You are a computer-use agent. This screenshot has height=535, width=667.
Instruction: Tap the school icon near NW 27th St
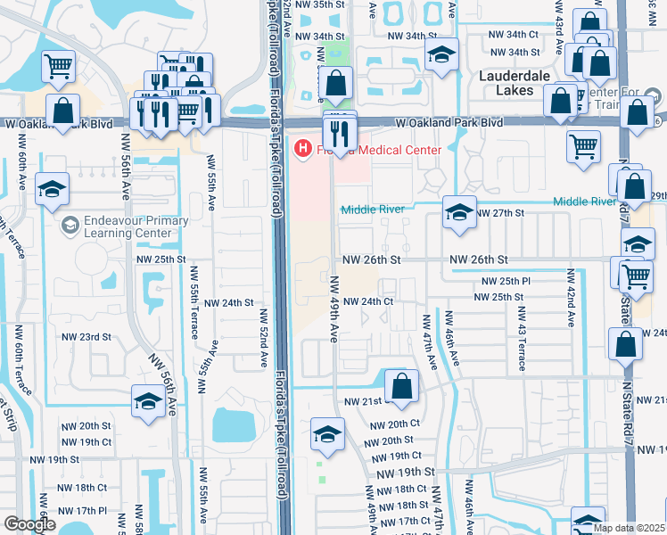(459, 213)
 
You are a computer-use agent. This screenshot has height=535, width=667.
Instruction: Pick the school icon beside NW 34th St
(441, 55)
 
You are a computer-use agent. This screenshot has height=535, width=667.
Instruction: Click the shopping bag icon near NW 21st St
(401, 387)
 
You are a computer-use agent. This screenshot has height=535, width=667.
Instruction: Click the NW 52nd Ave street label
(264, 339)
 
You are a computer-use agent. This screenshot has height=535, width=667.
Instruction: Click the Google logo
(29, 525)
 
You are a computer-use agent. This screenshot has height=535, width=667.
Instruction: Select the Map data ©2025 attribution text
(629, 528)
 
